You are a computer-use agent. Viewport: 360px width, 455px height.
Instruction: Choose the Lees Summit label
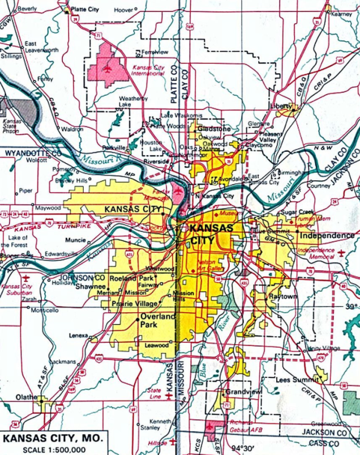[x=294, y=379]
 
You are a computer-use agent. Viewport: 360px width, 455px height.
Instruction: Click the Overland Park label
[x=158, y=321]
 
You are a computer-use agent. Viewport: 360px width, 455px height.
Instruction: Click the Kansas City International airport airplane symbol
[x=106, y=69]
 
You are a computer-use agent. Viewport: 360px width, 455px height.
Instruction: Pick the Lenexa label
[x=78, y=335]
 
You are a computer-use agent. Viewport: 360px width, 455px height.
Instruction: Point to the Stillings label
[x=11, y=56]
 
